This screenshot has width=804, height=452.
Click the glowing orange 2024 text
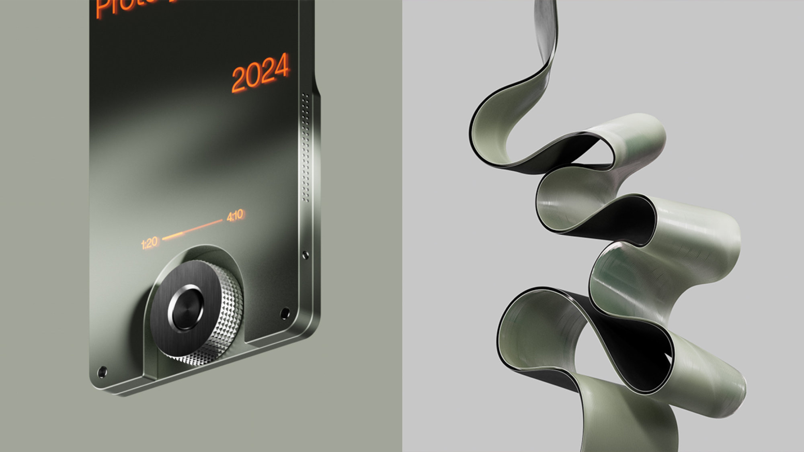260,73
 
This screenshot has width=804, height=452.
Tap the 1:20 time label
150,243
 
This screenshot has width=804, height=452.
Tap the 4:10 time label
235,215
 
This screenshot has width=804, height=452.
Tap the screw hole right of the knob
285,313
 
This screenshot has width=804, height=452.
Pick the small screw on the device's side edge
306,255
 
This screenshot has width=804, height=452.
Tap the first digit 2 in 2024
239,80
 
